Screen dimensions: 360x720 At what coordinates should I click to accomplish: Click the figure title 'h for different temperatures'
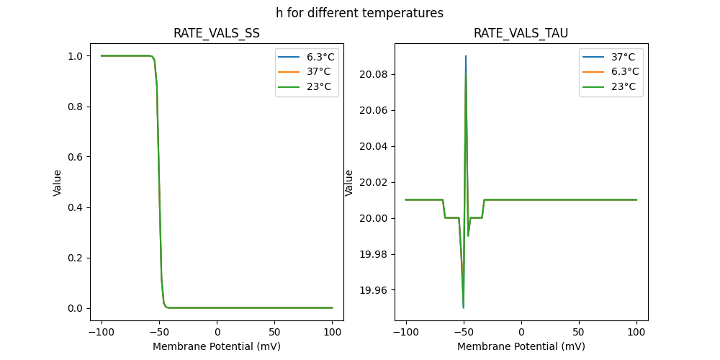pos(359,13)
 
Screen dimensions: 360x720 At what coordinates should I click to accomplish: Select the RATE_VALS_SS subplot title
pos(217,33)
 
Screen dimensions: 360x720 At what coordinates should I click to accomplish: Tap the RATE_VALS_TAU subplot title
pos(521,33)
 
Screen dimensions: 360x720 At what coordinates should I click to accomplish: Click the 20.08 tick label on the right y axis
pos(374,74)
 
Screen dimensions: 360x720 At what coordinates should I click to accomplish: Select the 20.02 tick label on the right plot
pos(374,182)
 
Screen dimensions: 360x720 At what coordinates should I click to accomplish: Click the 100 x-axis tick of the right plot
pos(636,333)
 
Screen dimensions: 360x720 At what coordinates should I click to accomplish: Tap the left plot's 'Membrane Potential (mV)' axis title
pos(217,346)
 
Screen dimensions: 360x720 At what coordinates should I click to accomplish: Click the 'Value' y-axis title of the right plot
pos(349,182)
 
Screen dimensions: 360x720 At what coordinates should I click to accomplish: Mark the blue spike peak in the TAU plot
pos(466,56)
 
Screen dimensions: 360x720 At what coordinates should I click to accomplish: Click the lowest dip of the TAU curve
pos(464,307)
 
